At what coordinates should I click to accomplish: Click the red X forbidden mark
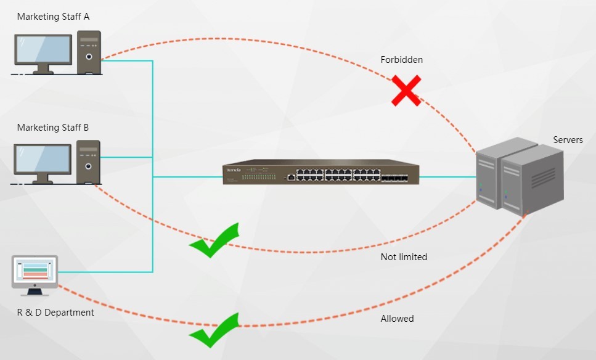(406, 90)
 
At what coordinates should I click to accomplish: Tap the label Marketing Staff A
(53, 17)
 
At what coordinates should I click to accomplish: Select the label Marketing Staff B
(53, 128)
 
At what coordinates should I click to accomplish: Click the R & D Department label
(55, 313)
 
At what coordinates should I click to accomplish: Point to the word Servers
(568, 140)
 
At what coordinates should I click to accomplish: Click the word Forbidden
(401, 60)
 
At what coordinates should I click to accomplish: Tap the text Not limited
(404, 256)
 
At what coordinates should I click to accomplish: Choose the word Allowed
(397, 319)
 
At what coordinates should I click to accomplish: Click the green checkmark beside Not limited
(213, 240)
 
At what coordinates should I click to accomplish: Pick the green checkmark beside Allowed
(213, 330)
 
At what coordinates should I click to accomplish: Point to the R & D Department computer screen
(35, 271)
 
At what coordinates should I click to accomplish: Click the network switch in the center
(320, 173)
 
